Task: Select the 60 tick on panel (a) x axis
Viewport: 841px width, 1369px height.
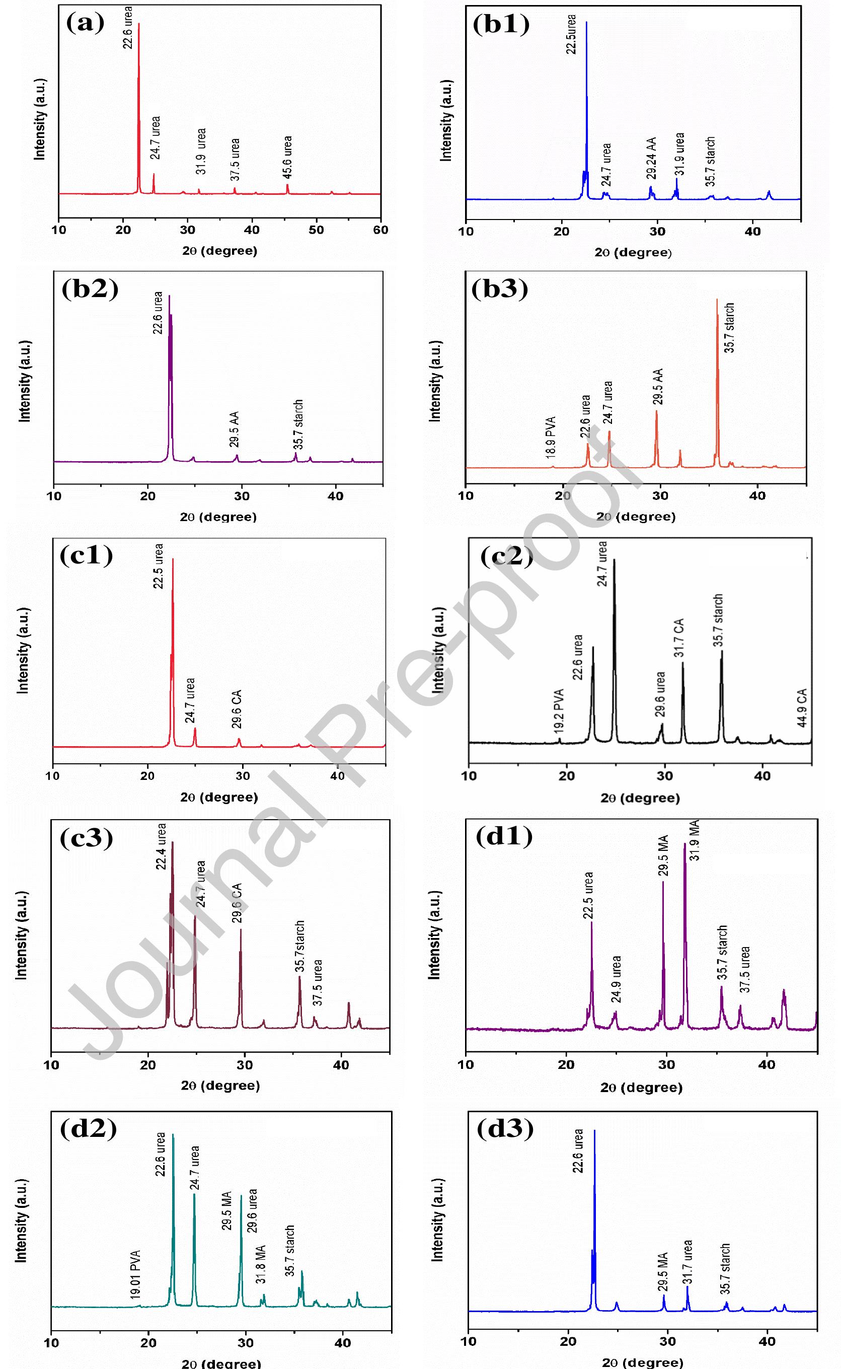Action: coord(380,230)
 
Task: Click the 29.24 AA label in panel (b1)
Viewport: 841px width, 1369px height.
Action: coord(651,159)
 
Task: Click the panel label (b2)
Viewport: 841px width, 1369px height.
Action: coord(90,290)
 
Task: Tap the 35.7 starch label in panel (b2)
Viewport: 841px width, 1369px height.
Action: coord(298,424)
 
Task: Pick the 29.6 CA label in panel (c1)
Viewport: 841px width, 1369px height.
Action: coord(237,709)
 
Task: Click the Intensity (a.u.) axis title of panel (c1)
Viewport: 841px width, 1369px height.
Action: coord(23,650)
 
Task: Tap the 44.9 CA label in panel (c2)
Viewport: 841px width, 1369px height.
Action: coord(802,707)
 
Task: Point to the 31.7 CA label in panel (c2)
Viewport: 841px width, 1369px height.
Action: coord(679,638)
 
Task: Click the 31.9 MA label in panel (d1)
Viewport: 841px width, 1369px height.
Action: coord(695,840)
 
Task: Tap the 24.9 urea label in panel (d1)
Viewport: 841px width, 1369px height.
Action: coord(617,978)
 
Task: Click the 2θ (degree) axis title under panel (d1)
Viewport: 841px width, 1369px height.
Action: coord(641,1087)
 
